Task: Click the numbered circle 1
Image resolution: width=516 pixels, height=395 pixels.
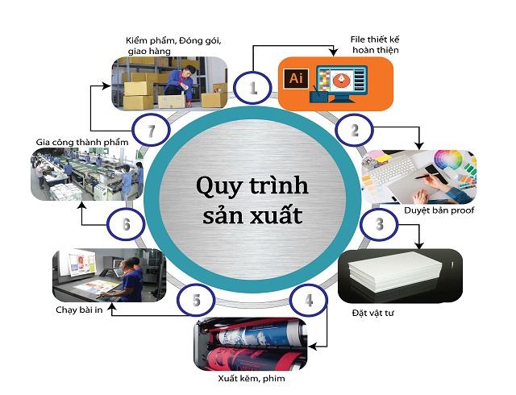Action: click(253, 88)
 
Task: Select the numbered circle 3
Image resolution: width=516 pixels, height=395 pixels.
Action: click(379, 225)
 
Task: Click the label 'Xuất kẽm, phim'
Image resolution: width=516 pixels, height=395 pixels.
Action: click(252, 377)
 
